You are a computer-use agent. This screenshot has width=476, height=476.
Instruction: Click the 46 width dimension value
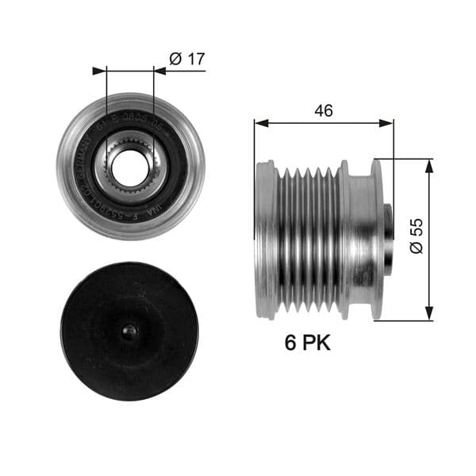click(x=323, y=111)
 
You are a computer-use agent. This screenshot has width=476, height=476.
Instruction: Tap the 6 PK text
click(x=307, y=343)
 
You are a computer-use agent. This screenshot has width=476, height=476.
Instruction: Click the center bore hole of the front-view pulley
click(x=125, y=165)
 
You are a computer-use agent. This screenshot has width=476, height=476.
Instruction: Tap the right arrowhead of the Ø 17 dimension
click(x=160, y=71)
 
